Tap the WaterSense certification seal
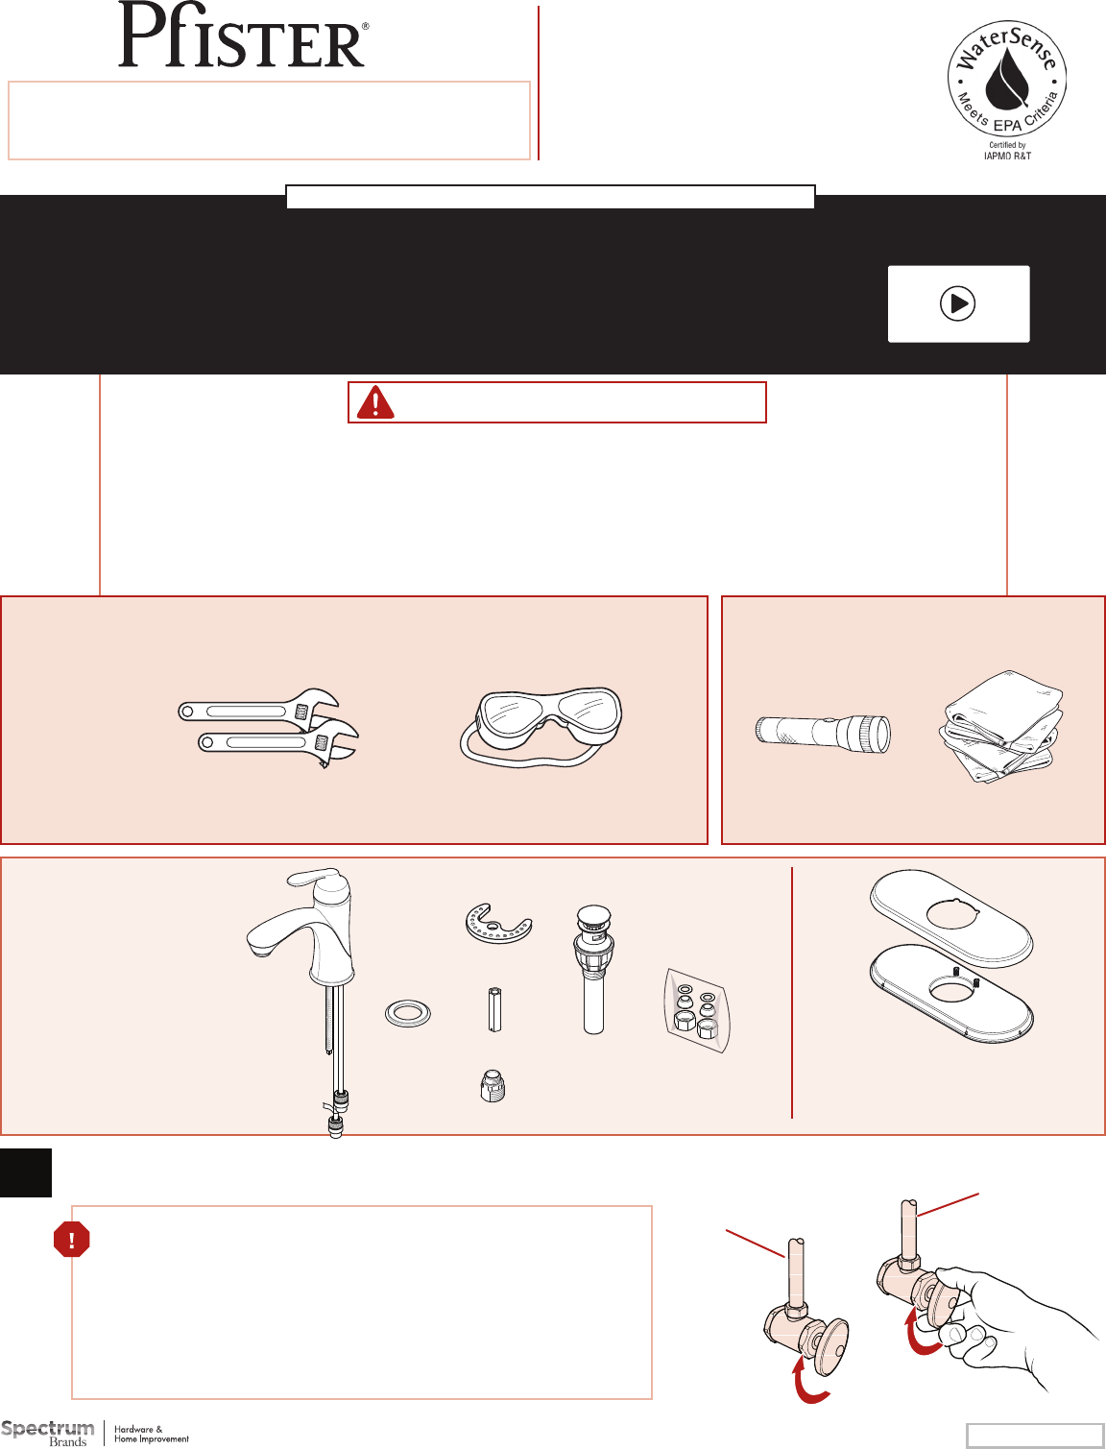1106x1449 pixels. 1007,89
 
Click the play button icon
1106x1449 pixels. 957,303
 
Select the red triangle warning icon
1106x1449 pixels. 375,402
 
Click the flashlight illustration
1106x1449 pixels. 823,734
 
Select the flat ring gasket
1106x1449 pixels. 408,1013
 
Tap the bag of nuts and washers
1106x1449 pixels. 698,1010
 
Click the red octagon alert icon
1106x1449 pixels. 71,1239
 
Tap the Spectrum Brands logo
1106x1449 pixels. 95,1434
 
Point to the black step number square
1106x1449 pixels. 26,1173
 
